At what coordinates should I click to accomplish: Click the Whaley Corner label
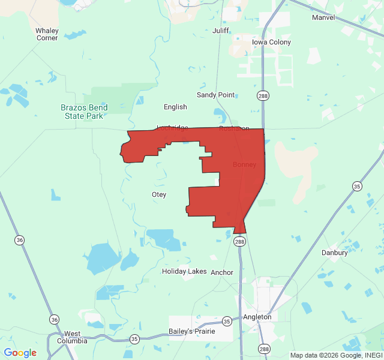[47, 34]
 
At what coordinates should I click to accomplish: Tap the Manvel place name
[323, 17]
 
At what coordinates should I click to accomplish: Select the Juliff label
[221, 30]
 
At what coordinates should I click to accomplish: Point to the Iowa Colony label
[271, 42]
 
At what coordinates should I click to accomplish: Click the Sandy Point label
[216, 95]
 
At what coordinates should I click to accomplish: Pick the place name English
[175, 107]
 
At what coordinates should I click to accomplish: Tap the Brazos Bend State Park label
[85, 112]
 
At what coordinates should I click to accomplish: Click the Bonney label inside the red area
[244, 164]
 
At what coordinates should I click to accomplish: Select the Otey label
[159, 194]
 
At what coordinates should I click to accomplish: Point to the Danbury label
[334, 253]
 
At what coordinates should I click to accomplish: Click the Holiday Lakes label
[184, 271]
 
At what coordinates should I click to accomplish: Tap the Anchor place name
[222, 272]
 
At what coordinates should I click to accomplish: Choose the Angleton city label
[257, 317]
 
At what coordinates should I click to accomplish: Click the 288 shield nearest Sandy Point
[263, 96]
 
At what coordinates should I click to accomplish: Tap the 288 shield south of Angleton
[264, 349]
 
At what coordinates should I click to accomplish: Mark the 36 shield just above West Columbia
[55, 319]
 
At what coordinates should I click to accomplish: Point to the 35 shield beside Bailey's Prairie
[226, 321]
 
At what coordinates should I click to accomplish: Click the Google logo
[20, 353]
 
